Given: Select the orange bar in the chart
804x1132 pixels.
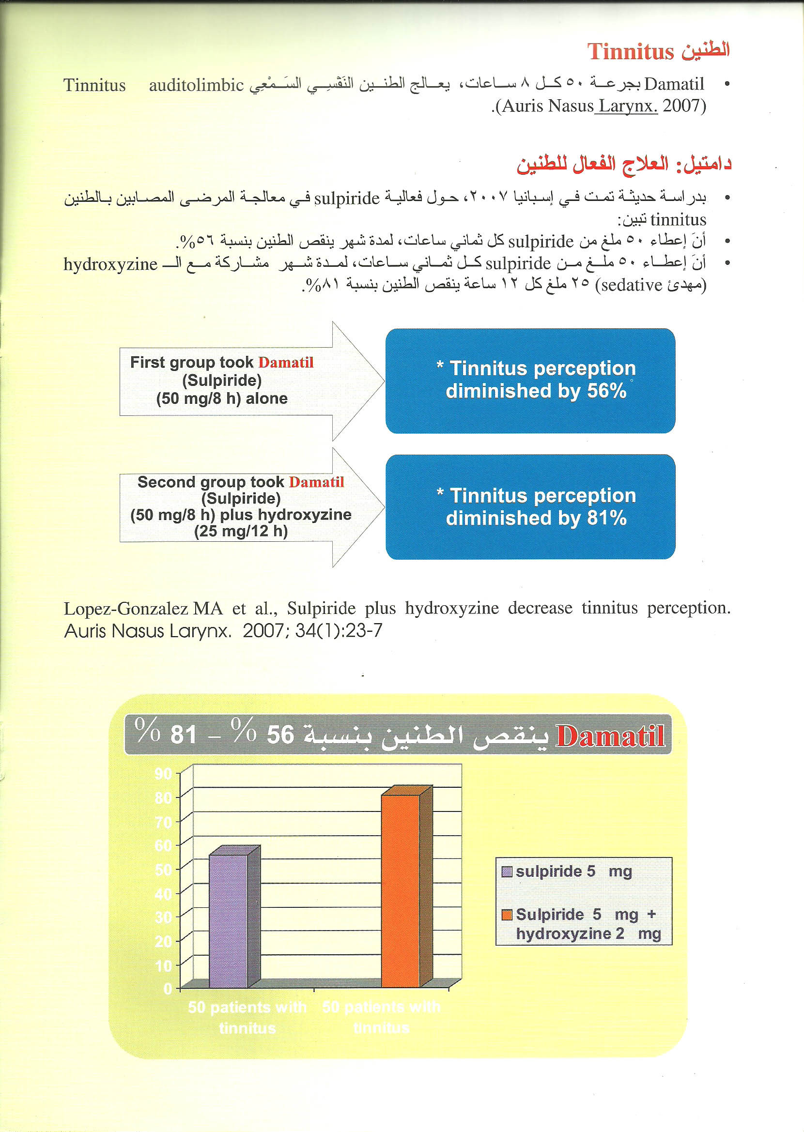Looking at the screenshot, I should point(400,890).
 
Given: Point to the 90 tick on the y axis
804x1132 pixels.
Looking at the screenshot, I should point(163,773).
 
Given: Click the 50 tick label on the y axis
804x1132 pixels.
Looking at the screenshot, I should point(163,870).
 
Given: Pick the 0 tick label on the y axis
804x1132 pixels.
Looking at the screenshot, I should point(168,989).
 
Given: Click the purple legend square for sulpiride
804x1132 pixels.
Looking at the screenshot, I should point(507,871).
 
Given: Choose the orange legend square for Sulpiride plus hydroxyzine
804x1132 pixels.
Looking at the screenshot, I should point(507,914).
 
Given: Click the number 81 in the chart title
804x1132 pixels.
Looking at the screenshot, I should point(184,734).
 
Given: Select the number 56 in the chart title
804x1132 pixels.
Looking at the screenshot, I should point(280,734).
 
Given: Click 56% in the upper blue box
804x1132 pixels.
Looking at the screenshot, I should point(606,391).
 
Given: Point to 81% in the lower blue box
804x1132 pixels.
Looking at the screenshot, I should point(606,518).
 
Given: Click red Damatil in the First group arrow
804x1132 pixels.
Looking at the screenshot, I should point(286,362).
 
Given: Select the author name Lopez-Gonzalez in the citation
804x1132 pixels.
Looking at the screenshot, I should point(126,608).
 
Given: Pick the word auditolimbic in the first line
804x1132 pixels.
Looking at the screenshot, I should point(196,85).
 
